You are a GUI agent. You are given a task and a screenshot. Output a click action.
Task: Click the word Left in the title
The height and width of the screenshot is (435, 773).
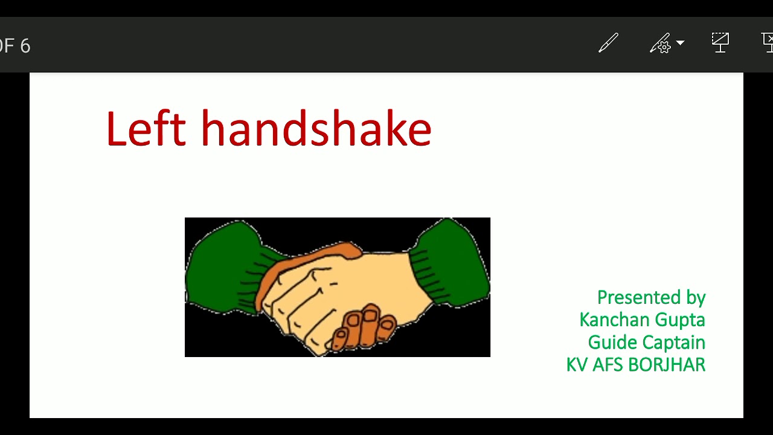click(145, 129)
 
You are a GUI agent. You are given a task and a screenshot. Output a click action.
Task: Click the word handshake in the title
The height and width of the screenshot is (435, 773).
click(316, 129)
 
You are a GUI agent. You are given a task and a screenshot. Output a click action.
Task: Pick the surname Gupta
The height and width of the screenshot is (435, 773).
click(681, 320)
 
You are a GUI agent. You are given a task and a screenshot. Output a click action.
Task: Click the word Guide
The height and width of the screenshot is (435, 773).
click(609, 343)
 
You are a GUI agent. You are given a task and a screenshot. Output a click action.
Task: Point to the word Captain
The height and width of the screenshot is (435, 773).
click(670, 343)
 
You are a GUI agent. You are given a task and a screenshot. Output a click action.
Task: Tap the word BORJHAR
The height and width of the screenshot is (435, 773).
click(667, 365)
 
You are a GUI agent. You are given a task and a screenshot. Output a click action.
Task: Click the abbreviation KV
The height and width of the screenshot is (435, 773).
click(576, 365)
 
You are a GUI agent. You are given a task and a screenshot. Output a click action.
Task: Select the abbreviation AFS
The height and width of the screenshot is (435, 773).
click(608, 365)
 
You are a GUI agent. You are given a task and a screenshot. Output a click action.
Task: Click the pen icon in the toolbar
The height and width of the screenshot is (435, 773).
click(608, 43)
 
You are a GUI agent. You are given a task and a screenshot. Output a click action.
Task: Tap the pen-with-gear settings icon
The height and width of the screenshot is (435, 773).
click(661, 43)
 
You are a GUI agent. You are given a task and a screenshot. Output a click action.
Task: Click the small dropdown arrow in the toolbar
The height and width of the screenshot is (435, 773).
click(681, 43)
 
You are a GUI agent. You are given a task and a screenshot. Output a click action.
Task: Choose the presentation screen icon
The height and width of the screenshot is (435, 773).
click(720, 42)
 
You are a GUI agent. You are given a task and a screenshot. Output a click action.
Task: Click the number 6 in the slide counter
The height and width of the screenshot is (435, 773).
click(25, 46)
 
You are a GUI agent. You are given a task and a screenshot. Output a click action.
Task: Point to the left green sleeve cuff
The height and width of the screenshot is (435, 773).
click(223, 266)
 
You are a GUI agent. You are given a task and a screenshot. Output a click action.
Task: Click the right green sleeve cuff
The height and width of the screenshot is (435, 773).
click(450, 263)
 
